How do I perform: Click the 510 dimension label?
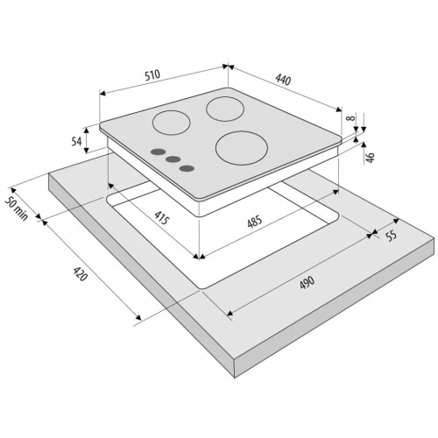[152, 74]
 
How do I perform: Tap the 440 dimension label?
[283, 80]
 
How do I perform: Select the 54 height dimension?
[76, 142]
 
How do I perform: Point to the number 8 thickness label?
[352, 117]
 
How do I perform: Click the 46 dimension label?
[370, 158]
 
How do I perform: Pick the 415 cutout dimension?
[161, 217]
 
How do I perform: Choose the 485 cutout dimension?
[255, 222]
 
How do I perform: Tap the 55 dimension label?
[392, 236]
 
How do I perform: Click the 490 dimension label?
[307, 282]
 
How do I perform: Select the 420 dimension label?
[80, 273]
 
